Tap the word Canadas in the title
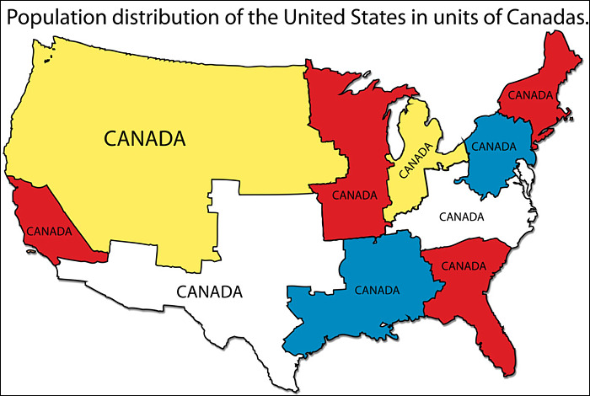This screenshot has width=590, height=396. coord(544,18)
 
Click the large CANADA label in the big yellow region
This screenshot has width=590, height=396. coord(144,137)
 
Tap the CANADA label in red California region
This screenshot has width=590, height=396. coord(48,228)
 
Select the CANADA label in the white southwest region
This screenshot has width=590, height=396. coord(209,292)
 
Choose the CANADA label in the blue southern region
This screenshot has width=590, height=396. coord(378,290)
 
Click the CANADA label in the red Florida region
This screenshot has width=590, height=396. coord(464,265)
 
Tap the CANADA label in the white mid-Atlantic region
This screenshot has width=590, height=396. coord(462,217)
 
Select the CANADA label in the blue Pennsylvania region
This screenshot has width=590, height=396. coord(493,146)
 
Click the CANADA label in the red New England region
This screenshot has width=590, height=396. coord(529,93)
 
